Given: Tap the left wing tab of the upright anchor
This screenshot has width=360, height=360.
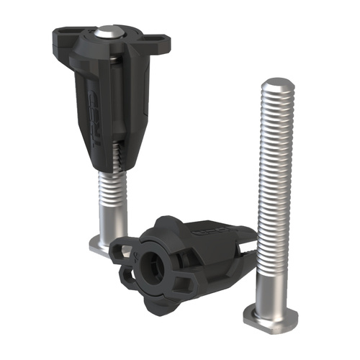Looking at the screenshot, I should pos(63,34).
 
